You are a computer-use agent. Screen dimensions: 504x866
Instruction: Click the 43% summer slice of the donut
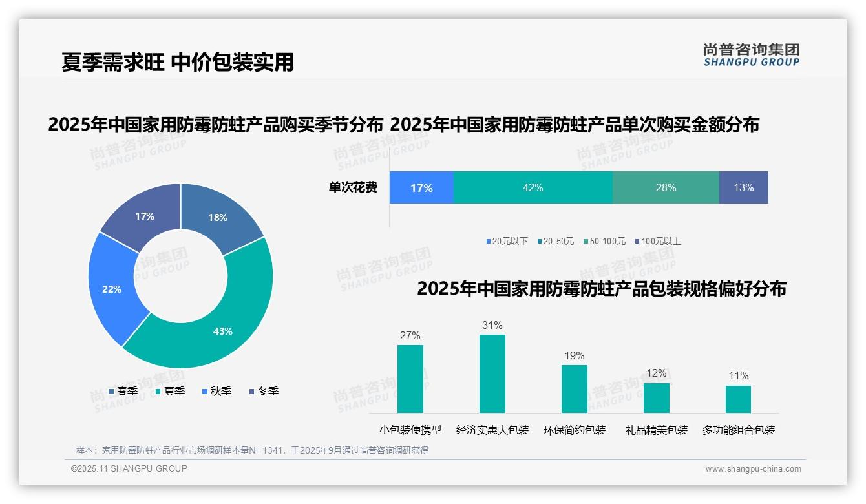click(223, 331)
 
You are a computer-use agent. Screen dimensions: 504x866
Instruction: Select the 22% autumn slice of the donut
click(112, 289)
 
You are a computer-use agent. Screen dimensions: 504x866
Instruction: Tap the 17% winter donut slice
click(145, 216)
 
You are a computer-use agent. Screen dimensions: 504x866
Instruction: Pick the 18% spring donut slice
click(218, 218)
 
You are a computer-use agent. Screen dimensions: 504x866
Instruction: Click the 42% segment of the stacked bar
click(533, 188)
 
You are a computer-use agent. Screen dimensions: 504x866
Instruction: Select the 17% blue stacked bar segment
click(421, 188)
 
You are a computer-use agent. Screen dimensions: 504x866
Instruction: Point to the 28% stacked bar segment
click(666, 188)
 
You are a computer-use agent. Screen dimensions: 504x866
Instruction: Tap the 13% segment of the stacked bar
click(743, 188)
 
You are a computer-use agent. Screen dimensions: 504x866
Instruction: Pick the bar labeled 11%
click(738, 399)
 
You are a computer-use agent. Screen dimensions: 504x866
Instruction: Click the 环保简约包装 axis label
click(575, 430)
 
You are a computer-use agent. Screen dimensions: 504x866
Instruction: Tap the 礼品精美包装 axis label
click(657, 430)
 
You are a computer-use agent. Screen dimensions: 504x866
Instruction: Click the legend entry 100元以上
click(659, 241)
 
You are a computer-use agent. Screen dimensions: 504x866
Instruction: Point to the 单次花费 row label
click(353, 188)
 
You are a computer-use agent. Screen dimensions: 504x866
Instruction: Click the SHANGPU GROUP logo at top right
click(751, 55)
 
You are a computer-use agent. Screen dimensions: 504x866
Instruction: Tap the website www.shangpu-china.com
click(753, 468)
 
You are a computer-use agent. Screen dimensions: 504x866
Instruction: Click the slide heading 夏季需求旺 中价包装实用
click(178, 62)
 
